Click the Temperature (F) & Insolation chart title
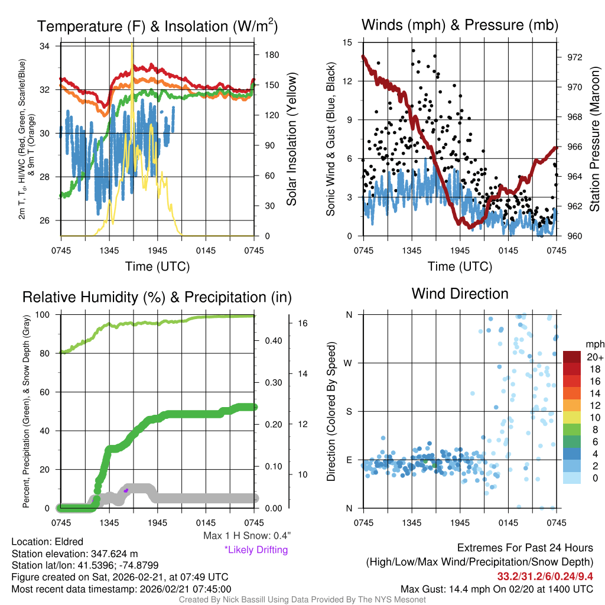(x=157, y=26)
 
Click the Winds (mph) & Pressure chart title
(x=460, y=25)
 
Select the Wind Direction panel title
(x=460, y=294)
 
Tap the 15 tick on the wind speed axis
(x=348, y=43)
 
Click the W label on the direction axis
(x=349, y=363)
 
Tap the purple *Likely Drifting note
(x=256, y=550)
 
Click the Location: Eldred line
(x=47, y=542)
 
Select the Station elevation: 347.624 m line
(x=74, y=554)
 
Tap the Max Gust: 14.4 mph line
(x=497, y=588)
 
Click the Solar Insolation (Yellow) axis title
(x=291, y=139)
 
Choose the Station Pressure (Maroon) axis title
(x=594, y=140)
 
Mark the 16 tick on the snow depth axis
(x=301, y=324)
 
